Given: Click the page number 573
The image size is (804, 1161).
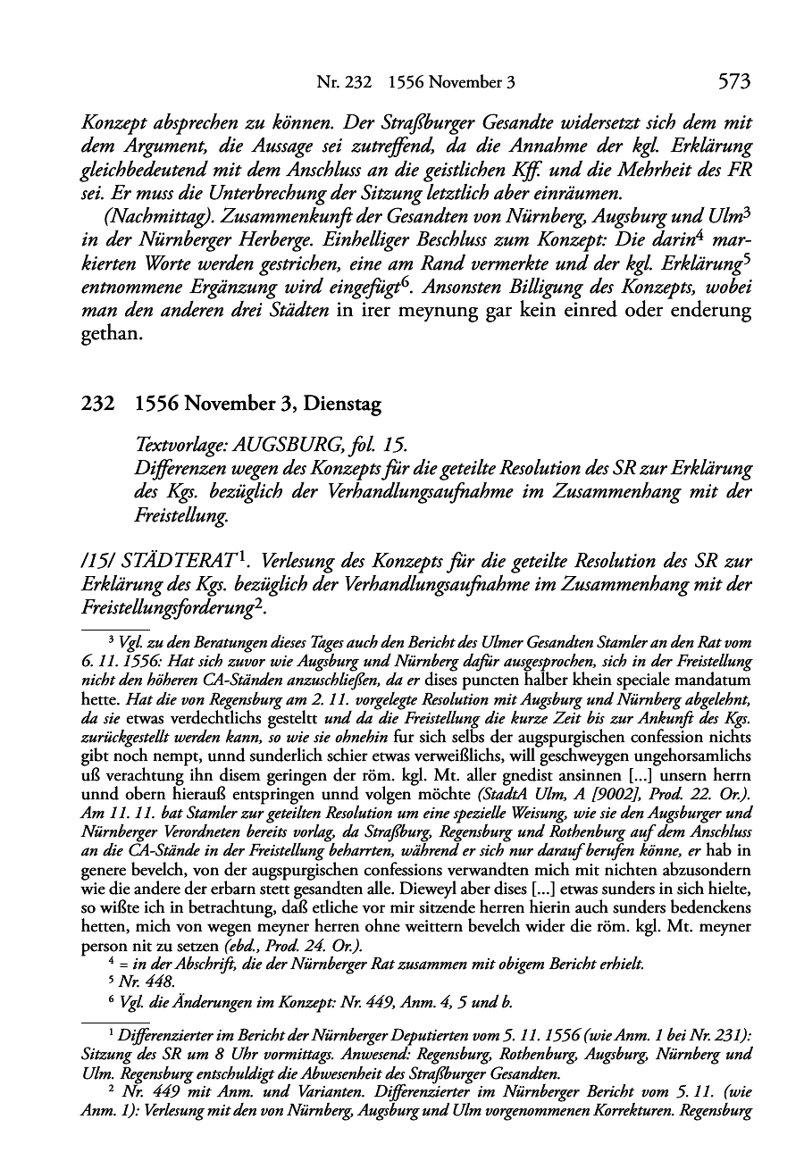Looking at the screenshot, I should (x=733, y=82).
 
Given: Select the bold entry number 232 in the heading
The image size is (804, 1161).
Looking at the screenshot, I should (x=96, y=405).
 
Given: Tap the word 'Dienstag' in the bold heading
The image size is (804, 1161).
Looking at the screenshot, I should (x=342, y=405).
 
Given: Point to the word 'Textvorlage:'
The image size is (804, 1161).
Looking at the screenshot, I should (x=176, y=446).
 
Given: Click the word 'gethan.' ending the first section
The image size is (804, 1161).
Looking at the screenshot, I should (x=111, y=335).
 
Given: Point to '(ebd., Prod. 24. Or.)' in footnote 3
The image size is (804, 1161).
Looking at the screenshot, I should (x=282, y=946).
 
